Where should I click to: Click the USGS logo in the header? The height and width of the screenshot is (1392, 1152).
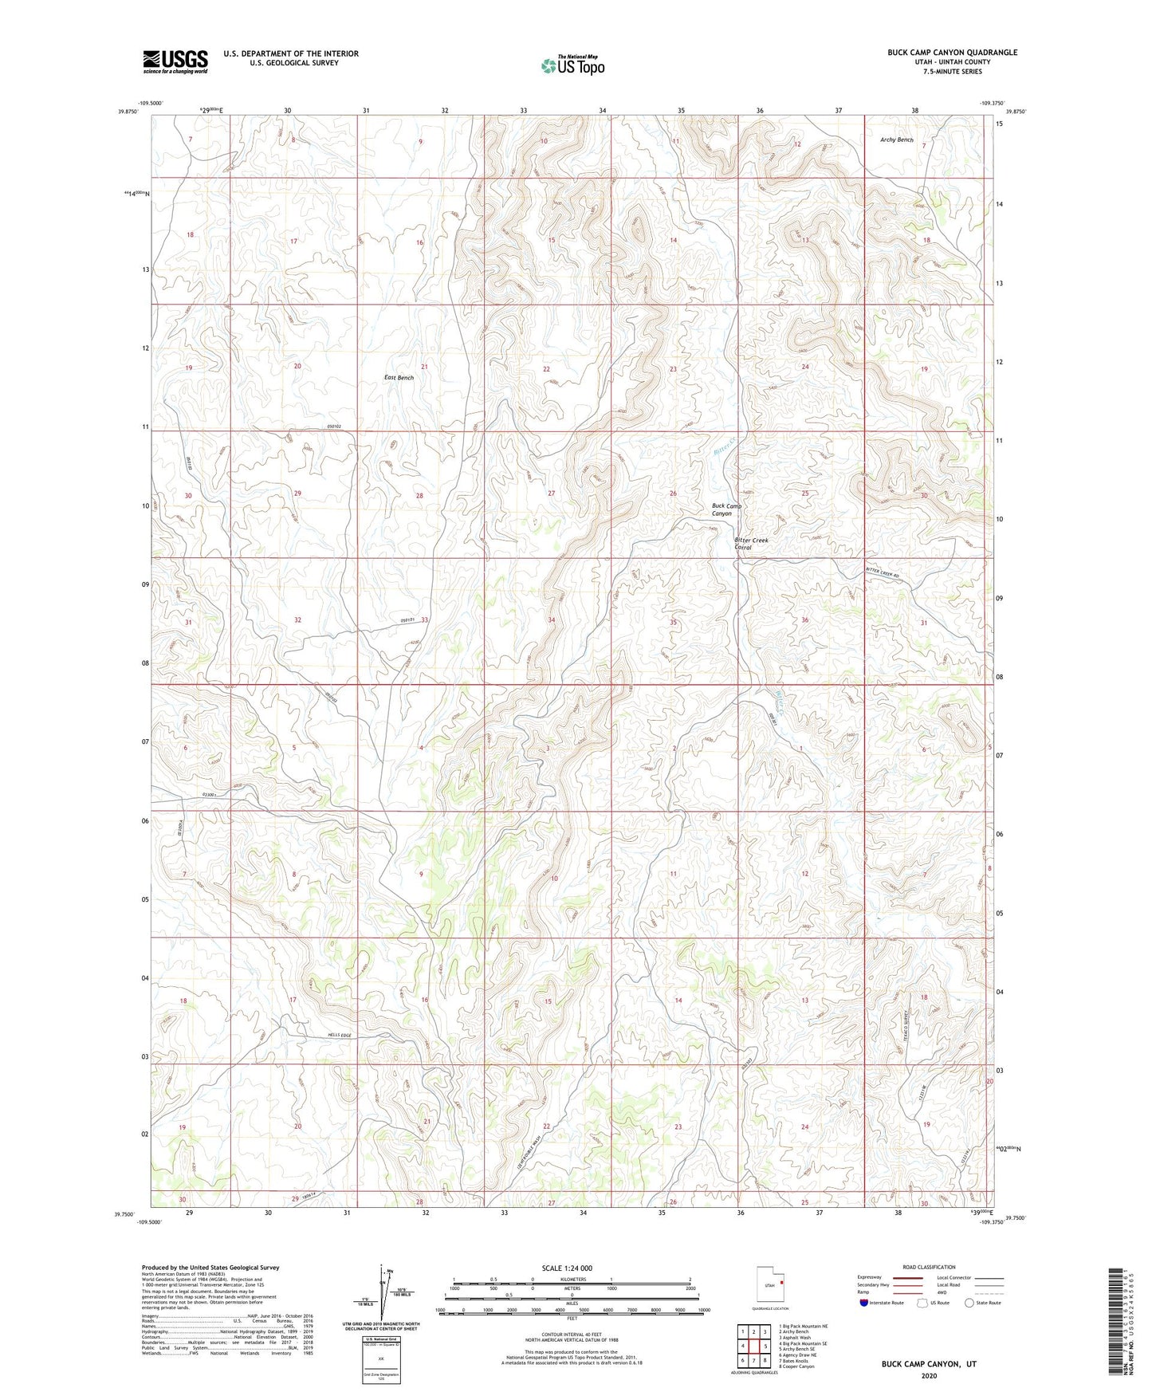click(x=175, y=61)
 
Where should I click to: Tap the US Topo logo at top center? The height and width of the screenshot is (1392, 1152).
click(x=571, y=65)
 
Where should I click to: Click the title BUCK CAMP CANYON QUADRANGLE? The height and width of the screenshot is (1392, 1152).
click(x=952, y=53)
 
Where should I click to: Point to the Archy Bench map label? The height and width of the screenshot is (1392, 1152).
click(x=896, y=140)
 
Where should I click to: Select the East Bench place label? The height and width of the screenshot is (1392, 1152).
click(x=399, y=377)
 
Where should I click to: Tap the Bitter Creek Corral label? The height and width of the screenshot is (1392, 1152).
click(x=751, y=544)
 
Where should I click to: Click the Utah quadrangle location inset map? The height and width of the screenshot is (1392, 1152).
click(x=770, y=1285)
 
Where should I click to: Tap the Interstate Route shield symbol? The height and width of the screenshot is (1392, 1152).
click(x=864, y=1303)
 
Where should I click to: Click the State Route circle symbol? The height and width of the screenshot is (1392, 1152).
click(x=969, y=1303)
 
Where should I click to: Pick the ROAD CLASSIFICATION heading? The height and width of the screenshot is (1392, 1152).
click(x=928, y=1267)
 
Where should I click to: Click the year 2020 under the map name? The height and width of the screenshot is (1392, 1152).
click(x=928, y=1375)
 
